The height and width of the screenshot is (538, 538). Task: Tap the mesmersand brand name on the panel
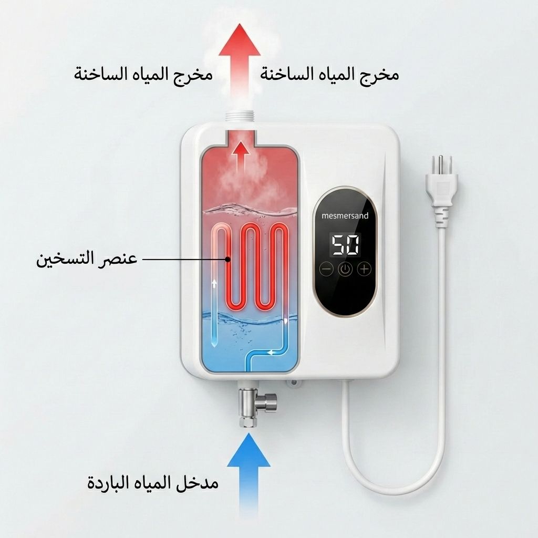click(x=345, y=215)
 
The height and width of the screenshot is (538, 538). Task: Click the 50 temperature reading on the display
click(x=345, y=244)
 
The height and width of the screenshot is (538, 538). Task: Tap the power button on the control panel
click(x=345, y=270)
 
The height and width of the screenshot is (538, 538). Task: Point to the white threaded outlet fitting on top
click(x=241, y=115)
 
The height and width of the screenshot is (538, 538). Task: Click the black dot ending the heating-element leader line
click(x=227, y=258)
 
